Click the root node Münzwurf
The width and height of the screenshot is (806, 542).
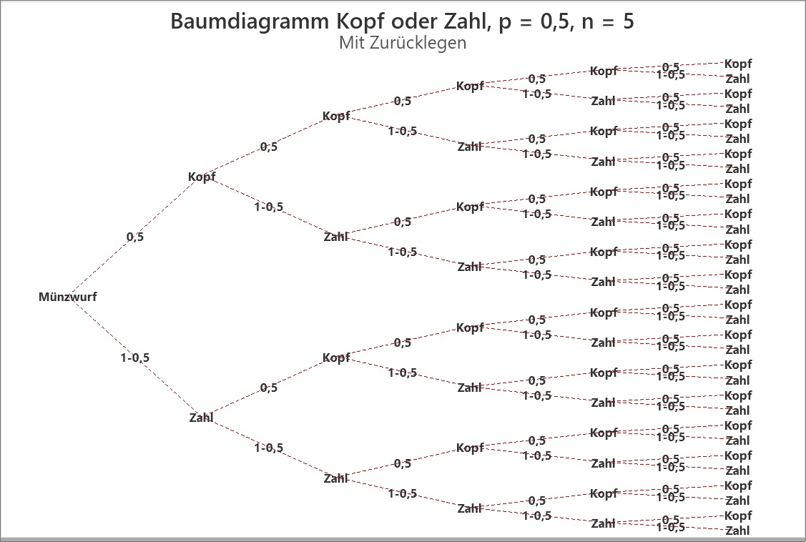(x=67, y=297)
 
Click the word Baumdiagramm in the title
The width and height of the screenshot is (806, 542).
(x=250, y=21)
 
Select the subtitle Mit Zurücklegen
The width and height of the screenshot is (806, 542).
(x=403, y=43)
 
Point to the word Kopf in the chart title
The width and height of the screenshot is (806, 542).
(x=358, y=21)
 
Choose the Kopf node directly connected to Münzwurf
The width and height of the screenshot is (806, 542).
(x=202, y=177)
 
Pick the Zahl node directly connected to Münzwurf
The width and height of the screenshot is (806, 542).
(x=201, y=417)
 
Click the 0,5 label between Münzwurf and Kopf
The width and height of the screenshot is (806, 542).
(x=135, y=237)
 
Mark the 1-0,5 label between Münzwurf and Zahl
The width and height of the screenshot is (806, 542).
(x=134, y=358)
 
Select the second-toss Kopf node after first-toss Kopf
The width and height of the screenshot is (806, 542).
(x=336, y=116)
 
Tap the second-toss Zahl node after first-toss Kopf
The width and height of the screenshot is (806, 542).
(x=335, y=237)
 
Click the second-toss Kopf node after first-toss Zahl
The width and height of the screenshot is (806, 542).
(x=336, y=358)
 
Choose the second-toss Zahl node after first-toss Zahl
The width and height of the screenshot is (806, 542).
(x=335, y=478)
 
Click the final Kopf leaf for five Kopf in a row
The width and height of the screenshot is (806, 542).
(x=737, y=64)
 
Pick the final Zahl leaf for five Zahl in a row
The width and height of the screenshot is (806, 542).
(x=737, y=531)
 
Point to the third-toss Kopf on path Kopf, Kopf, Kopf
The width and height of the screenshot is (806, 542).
(x=470, y=86)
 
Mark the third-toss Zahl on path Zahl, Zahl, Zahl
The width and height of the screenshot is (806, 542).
(x=469, y=508)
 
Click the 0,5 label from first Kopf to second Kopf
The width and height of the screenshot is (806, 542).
(x=269, y=147)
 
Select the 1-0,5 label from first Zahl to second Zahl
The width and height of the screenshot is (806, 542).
(x=269, y=448)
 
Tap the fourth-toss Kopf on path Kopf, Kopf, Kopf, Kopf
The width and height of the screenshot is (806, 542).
(x=604, y=71)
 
